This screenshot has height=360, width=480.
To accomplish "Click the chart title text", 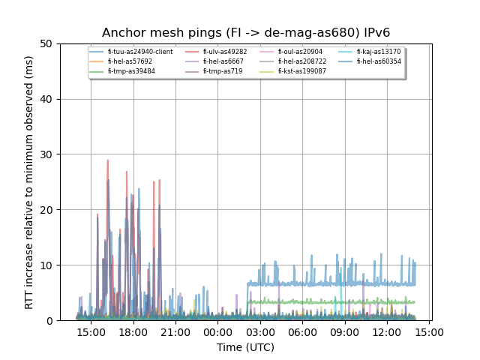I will [246, 33].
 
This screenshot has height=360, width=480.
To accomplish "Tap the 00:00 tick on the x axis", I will [217, 331].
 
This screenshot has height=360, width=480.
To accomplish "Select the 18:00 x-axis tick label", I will [133, 331].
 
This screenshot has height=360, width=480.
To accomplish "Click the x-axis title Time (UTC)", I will [245, 347].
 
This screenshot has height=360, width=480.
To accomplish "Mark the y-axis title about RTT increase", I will [29, 182].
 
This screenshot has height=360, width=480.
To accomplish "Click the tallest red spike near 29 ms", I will [107, 160].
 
